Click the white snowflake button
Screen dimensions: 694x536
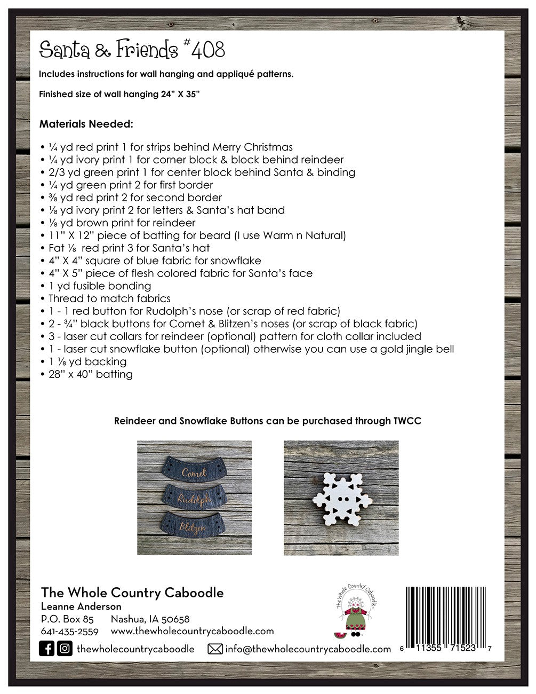click(x=341, y=498)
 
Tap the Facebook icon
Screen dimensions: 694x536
click(x=47, y=649)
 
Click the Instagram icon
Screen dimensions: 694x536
click(x=65, y=649)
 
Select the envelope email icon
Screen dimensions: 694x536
click(x=215, y=649)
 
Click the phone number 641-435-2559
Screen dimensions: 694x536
click(x=69, y=631)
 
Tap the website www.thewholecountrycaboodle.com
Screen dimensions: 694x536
click(x=192, y=631)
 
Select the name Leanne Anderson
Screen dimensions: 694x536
click(x=81, y=606)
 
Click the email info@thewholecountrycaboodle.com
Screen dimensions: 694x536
click(x=308, y=649)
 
